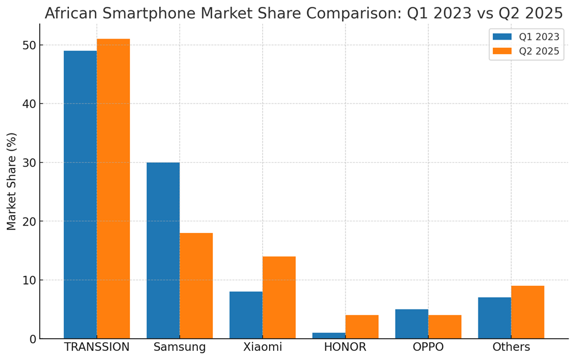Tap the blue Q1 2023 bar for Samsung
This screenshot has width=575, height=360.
(x=163, y=250)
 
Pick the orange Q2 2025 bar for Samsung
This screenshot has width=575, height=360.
(x=196, y=286)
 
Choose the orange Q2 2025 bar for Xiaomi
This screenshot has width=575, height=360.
(x=279, y=297)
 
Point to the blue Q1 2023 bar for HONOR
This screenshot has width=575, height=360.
(x=328, y=335)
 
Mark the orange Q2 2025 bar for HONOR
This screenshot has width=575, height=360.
(x=362, y=327)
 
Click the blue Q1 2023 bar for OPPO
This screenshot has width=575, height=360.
(x=411, y=324)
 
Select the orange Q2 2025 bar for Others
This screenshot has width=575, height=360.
(x=527, y=312)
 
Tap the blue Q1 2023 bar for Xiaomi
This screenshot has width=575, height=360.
(x=246, y=315)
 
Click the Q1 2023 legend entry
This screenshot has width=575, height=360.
(x=526, y=37)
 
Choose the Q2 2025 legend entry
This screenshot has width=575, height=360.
(x=526, y=51)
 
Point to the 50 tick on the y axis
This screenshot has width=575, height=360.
(x=29, y=45)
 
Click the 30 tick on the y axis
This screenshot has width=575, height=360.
(x=29, y=163)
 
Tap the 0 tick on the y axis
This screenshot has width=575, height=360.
(x=32, y=339)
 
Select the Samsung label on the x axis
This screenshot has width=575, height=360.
(x=179, y=347)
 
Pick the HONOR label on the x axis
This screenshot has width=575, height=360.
(x=345, y=347)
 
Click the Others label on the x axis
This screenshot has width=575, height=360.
(x=511, y=347)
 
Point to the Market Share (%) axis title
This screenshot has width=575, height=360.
(x=12, y=181)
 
